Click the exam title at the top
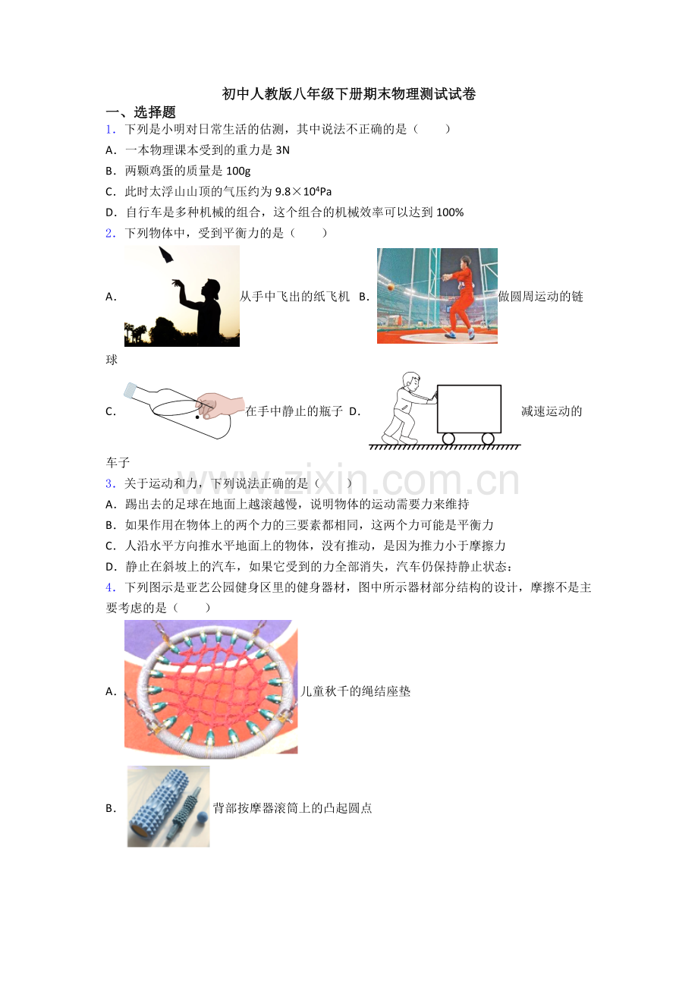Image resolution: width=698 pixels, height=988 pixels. [349, 94]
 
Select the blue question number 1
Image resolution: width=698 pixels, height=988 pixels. [110, 129]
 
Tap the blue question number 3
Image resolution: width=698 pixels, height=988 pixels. [110, 483]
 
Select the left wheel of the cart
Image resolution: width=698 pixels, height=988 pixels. [448, 439]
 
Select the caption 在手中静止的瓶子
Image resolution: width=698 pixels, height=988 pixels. [294, 412]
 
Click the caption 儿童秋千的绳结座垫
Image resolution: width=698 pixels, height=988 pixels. [356, 691]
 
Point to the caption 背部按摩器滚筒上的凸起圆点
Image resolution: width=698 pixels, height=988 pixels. [293, 808]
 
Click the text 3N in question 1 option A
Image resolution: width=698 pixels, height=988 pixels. [282, 150]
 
